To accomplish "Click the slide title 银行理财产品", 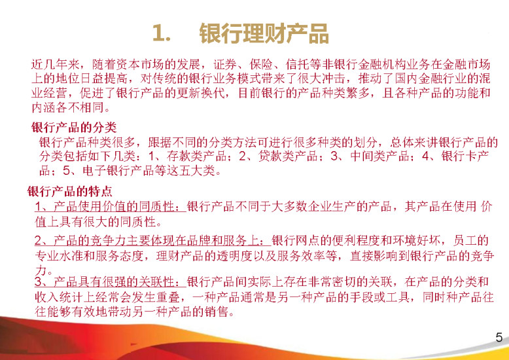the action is (264, 33).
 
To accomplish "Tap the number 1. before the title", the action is (162, 33).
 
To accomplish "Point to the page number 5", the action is (499, 337).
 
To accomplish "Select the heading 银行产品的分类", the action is (74, 128).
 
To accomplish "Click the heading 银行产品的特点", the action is (70, 191).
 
